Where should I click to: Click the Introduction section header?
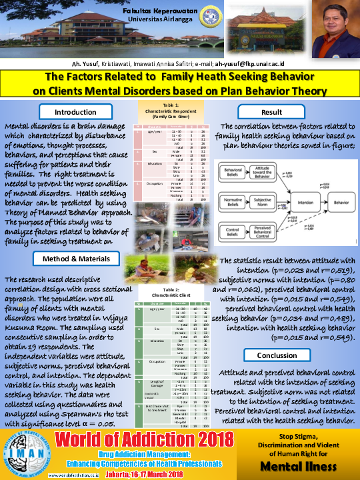[x=75, y=112]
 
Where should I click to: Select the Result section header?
[x=271, y=112]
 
